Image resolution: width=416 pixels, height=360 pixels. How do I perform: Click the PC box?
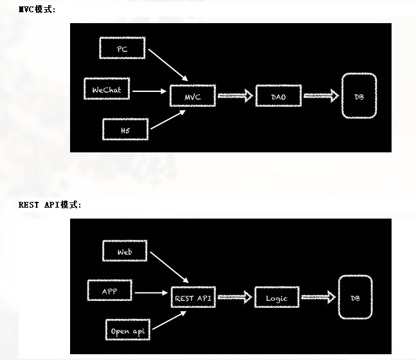coord(122,48)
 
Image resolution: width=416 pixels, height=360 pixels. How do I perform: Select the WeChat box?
coord(107,89)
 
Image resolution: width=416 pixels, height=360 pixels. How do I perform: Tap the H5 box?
coord(125,129)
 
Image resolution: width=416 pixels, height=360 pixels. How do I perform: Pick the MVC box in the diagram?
coord(193,96)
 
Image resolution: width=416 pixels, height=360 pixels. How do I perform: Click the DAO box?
coord(278,96)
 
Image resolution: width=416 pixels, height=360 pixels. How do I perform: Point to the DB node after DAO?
coord(359,96)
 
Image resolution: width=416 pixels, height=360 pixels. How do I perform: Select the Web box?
coord(125,251)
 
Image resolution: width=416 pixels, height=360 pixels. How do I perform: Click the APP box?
coord(109,290)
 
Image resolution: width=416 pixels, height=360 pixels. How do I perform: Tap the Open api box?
coord(128,330)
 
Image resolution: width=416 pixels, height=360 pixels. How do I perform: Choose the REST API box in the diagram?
coord(194,297)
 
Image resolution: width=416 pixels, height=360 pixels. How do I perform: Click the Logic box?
coord(277,297)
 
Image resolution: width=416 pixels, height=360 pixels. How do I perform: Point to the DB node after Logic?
coord(356,297)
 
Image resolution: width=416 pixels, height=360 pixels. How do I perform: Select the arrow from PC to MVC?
coord(168,65)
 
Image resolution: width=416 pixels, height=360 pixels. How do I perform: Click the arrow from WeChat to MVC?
coord(149,91)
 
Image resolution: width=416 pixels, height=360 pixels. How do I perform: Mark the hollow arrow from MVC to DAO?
coord(235,96)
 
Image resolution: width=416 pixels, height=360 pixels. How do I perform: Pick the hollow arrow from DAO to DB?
coord(321,96)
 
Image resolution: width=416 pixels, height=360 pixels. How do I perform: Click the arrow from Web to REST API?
coord(169,267)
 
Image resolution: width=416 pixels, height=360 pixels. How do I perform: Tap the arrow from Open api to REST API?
coord(170,320)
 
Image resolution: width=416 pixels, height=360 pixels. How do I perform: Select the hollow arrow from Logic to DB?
coord(319,297)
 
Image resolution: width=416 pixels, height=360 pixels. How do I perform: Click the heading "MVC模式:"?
coord(37,10)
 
